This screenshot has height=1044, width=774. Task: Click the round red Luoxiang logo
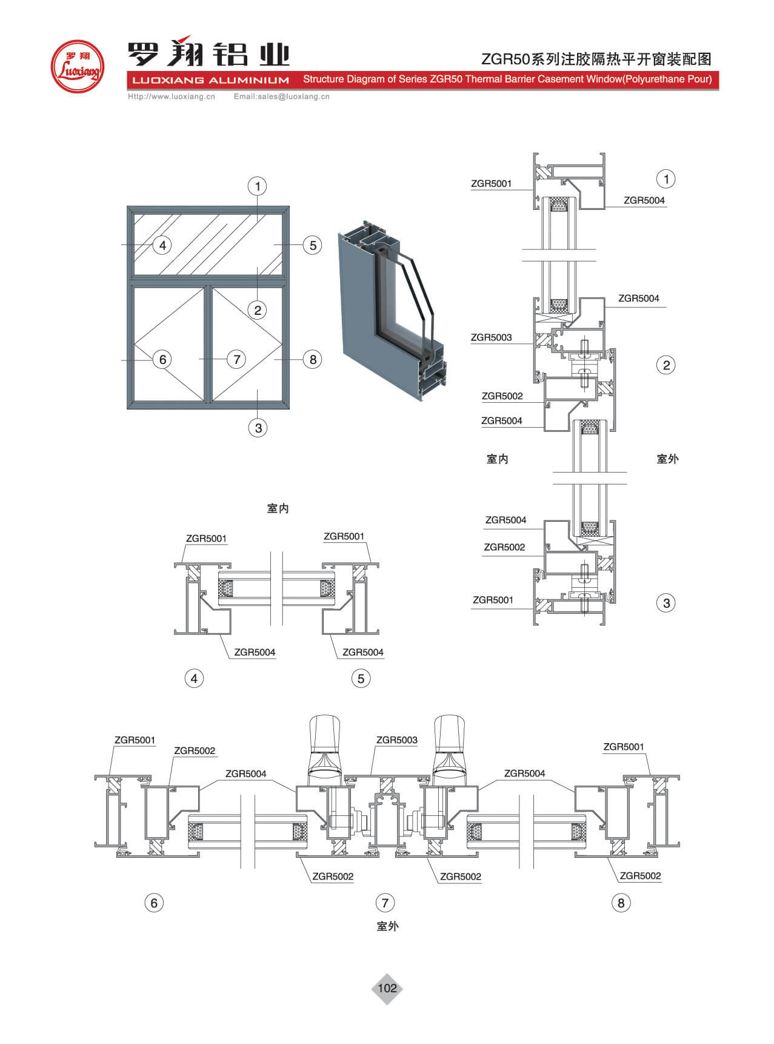[x=77, y=66]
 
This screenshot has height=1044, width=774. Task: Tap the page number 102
[x=387, y=988]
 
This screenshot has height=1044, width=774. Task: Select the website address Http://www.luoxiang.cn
[x=172, y=96]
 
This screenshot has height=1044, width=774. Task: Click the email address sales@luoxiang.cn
[x=282, y=96]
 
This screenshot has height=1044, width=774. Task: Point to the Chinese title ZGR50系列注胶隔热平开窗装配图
[x=596, y=59]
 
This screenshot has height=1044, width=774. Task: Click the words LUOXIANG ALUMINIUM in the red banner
[x=210, y=80]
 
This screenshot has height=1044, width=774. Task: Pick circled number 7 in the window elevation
[x=236, y=359]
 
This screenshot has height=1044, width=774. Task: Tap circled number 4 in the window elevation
[x=162, y=245]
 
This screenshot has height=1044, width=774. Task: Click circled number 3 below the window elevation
[x=258, y=428]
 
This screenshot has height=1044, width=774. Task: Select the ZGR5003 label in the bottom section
[x=396, y=740]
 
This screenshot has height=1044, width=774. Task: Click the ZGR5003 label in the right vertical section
[x=491, y=337]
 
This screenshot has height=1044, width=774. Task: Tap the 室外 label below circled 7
[x=387, y=926]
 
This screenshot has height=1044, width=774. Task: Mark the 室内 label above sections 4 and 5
[x=278, y=508]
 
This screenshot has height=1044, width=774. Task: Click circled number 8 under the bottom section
[x=621, y=903]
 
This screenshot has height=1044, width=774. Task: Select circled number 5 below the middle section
[x=361, y=678]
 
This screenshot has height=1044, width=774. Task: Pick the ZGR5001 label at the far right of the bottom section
[x=623, y=747]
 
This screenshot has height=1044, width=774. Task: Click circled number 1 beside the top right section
[x=666, y=179]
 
